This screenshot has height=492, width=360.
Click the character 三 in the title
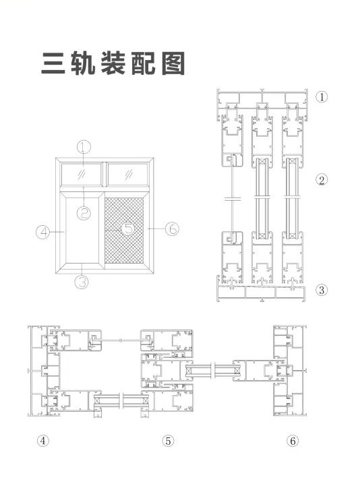tap(53, 64)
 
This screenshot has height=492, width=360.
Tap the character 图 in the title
tap(173, 64)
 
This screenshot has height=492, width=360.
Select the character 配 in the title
tap(144, 64)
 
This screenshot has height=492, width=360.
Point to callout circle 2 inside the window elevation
tap(84, 214)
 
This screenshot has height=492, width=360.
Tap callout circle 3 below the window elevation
tap(82, 282)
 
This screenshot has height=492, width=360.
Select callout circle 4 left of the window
tap(43, 233)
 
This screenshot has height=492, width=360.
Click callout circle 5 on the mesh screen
tap(128, 228)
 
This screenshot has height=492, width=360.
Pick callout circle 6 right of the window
tap(173, 228)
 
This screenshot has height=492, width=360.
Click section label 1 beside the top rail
tap(322, 96)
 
